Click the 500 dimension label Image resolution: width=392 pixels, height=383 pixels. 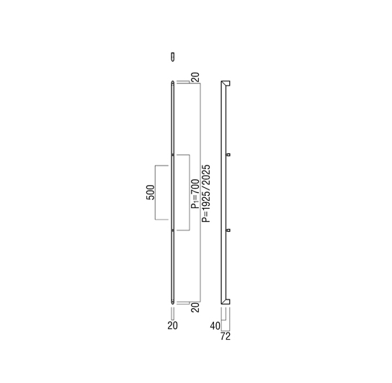[x=151, y=192]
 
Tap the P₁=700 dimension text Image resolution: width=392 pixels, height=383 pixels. [x=195, y=194]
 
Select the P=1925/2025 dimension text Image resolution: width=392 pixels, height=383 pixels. [x=206, y=194]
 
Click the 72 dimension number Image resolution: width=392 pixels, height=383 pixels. [x=226, y=336]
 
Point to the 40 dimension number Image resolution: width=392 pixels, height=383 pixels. [x=215, y=326]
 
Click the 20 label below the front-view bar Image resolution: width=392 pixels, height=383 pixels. [x=172, y=325]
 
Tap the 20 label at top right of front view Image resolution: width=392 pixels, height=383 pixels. [x=195, y=77]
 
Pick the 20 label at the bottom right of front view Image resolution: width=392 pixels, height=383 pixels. [x=195, y=307]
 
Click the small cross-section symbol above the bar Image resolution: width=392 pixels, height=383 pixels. [x=172, y=57]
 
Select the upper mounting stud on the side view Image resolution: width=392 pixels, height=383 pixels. [x=228, y=155]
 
